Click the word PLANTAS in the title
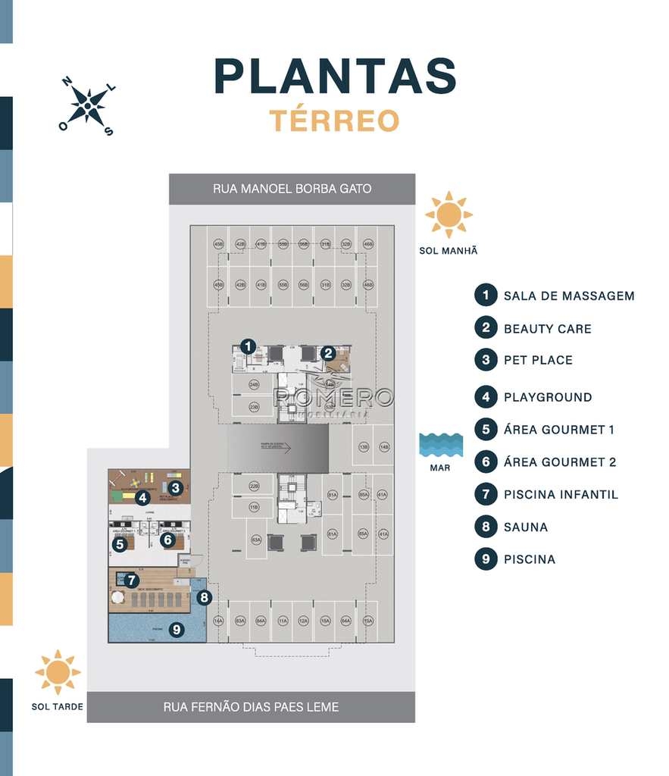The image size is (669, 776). pyautogui.click(x=335, y=77)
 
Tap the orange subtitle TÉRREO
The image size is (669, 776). pyautogui.click(x=334, y=120)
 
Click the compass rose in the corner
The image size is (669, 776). pyautogui.click(x=88, y=106)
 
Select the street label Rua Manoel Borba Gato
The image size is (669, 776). pyautogui.click(x=292, y=189)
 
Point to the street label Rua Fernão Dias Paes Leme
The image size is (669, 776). pyautogui.click(x=251, y=707)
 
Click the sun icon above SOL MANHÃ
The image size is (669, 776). pyautogui.click(x=449, y=214)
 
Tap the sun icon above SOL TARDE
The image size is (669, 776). pyautogui.click(x=58, y=672)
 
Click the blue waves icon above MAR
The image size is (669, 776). pyautogui.click(x=440, y=445)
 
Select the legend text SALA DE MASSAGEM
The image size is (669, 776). pyautogui.click(x=569, y=296)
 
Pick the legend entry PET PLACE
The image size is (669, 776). pyautogui.click(x=538, y=360)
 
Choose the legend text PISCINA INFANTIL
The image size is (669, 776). pyautogui.click(x=561, y=495)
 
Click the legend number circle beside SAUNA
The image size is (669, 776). pyautogui.click(x=486, y=527)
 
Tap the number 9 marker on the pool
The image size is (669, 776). pyautogui.click(x=177, y=628)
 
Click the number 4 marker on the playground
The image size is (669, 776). pyautogui.click(x=142, y=498)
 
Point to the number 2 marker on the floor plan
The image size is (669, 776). pyautogui.click(x=327, y=352)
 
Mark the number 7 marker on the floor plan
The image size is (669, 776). pyautogui.click(x=132, y=580)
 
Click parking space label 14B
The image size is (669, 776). pyautogui.click(x=384, y=447)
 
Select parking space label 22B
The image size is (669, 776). pyautogui.click(x=255, y=486)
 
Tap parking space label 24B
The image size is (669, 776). pyautogui.click(x=255, y=385)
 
